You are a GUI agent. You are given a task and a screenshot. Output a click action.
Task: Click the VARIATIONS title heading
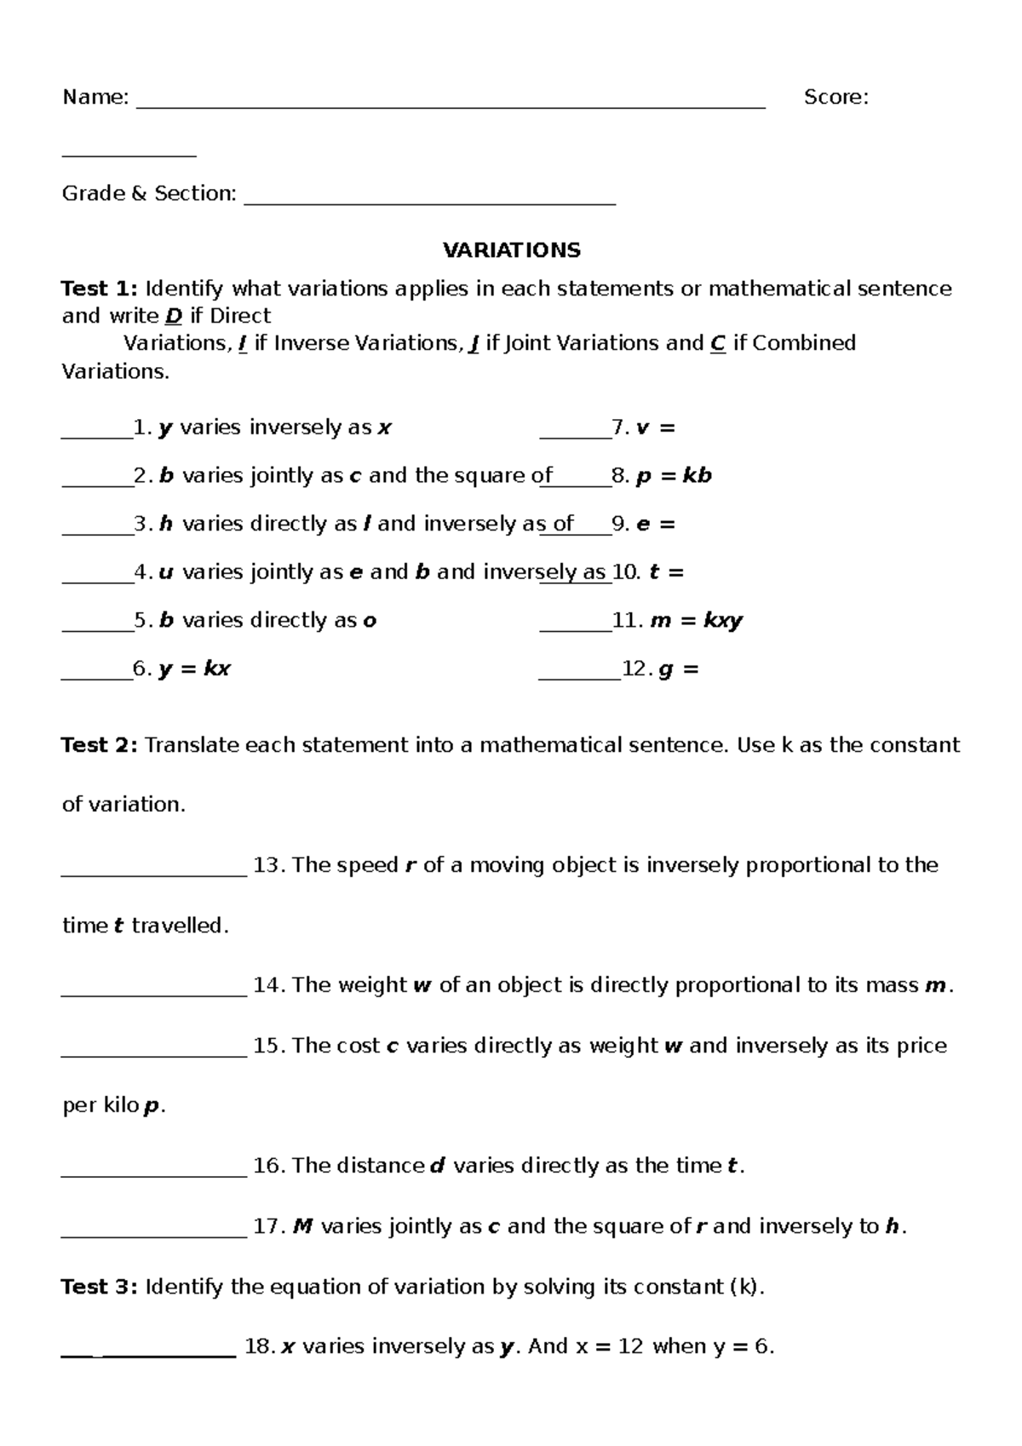point(511,250)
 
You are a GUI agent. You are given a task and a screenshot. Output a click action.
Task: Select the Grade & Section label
point(148,194)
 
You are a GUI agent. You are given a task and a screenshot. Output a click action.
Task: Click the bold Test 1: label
point(99,289)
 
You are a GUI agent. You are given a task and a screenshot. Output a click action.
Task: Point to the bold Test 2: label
point(99,745)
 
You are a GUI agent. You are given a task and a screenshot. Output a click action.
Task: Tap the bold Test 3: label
point(99,1286)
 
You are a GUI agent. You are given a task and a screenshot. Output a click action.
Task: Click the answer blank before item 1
point(96,434)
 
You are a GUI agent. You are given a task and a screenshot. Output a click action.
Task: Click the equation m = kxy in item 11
point(696,621)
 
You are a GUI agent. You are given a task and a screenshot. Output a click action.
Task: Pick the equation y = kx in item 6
point(194,669)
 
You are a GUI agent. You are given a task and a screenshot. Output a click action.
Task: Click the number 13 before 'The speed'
point(267,865)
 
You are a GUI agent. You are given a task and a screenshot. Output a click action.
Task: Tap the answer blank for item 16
point(154,1173)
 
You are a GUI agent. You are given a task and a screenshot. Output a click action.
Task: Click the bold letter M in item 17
point(302,1226)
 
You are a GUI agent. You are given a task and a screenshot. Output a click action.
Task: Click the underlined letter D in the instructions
point(173,316)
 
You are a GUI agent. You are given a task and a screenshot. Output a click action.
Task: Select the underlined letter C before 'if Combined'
point(717,343)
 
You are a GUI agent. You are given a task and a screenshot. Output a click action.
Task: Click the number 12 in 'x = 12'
point(629,1346)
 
